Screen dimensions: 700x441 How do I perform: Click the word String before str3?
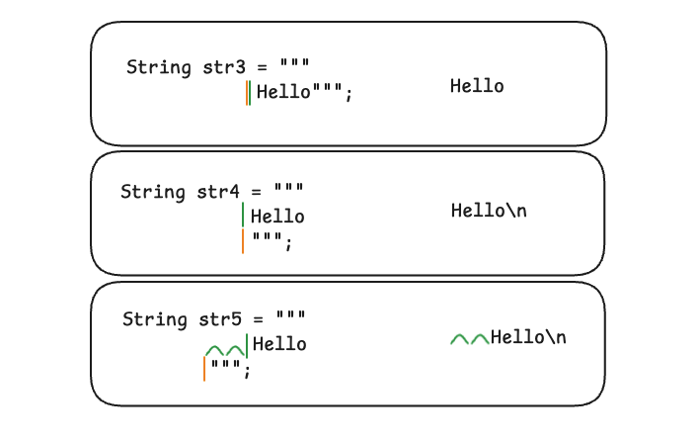click(x=158, y=67)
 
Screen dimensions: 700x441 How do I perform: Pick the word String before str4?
click(x=152, y=192)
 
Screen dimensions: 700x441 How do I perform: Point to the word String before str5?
click(x=154, y=319)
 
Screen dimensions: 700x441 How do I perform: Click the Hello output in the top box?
click(x=477, y=86)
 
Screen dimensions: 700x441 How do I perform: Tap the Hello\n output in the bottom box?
click(x=528, y=338)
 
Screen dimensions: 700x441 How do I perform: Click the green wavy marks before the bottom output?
click(x=470, y=339)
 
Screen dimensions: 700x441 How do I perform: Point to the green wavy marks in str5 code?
click(x=224, y=350)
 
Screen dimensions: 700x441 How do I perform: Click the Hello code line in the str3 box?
click(x=283, y=94)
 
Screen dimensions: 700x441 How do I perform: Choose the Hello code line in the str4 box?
click(x=277, y=217)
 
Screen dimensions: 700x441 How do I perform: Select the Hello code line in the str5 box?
click(x=279, y=344)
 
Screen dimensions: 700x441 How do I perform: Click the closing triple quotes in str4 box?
click(x=269, y=240)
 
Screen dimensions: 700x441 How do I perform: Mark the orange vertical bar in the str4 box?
click(x=243, y=241)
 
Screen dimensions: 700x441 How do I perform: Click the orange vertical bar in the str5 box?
click(x=204, y=369)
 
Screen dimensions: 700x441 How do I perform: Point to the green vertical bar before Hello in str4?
click(x=243, y=216)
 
